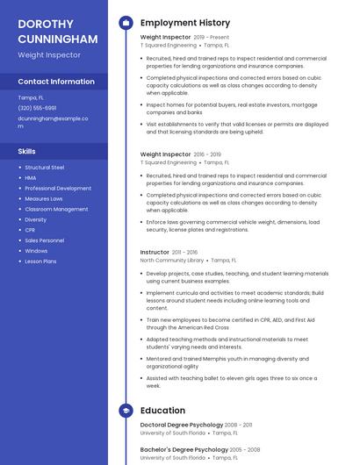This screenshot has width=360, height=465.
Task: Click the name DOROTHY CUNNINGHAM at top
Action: tap(57, 31)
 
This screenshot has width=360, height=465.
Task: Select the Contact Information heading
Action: tap(56, 82)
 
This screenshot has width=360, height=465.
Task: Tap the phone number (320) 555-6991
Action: tap(37, 108)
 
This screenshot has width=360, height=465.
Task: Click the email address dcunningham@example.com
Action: tap(53, 121)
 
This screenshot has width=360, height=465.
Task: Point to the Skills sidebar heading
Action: tap(26, 151)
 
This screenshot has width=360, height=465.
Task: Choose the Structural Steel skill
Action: tap(44, 167)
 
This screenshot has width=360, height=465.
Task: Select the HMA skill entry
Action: tap(31, 177)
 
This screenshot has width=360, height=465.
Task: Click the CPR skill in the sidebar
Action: tap(30, 230)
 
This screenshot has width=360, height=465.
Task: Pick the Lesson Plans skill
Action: tap(40, 261)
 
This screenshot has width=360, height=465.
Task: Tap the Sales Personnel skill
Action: tap(44, 240)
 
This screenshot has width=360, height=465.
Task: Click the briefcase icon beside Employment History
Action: tap(126, 23)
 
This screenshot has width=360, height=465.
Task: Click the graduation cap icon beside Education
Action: tap(126, 410)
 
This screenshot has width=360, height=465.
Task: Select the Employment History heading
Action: tap(184, 23)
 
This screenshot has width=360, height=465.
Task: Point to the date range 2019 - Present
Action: tap(211, 38)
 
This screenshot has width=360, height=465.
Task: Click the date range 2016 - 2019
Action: tap(207, 154)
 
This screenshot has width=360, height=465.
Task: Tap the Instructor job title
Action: tap(155, 252)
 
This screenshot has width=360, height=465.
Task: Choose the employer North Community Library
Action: tap(172, 261)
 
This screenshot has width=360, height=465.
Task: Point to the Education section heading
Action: tap(162, 410)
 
